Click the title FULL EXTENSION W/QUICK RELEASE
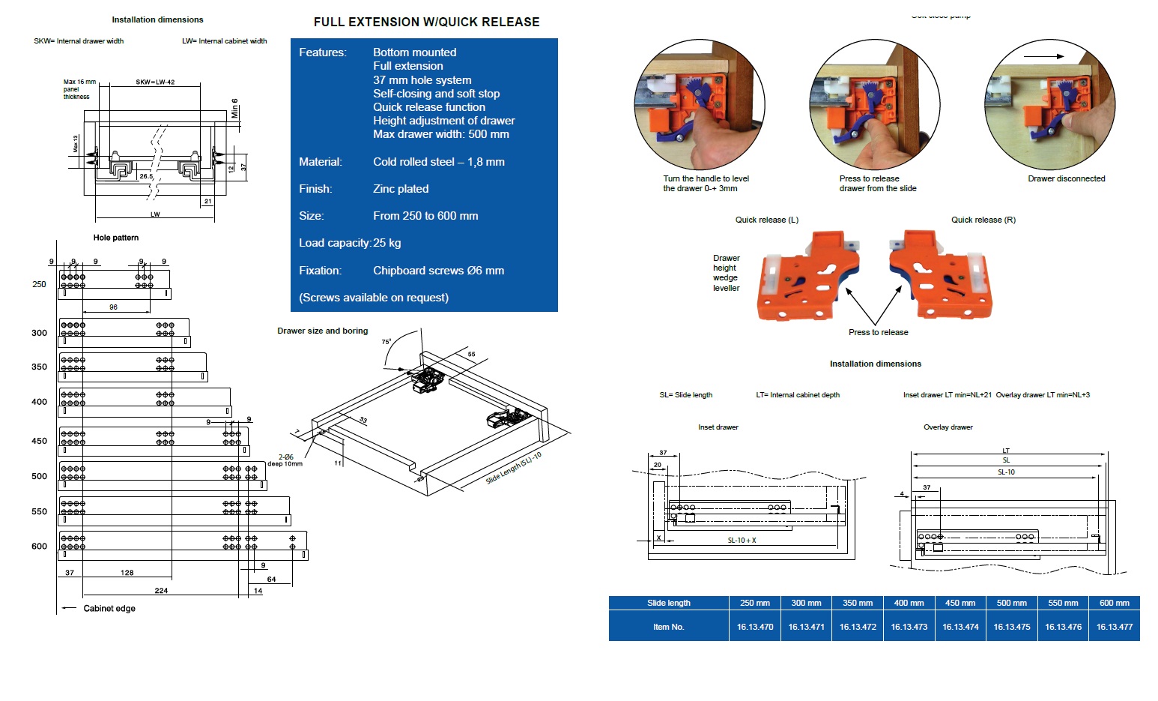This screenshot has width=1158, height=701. (426, 22)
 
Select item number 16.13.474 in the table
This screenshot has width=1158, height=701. (960, 627)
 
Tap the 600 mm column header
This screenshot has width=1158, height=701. (1114, 603)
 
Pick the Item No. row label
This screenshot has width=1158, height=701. (668, 627)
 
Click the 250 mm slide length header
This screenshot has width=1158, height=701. (755, 603)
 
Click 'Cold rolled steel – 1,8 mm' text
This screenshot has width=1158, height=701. (438, 162)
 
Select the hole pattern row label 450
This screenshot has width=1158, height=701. (39, 441)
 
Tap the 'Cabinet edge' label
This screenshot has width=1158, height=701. (109, 608)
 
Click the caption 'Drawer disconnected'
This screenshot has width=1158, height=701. (1066, 178)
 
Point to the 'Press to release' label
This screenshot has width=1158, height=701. (878, 332)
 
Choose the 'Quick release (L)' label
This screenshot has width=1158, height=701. (766, 220)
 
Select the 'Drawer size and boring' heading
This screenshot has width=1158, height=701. (322, 331)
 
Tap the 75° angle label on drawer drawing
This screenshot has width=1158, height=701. (386, 342)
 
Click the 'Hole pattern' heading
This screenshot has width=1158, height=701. (115, 238)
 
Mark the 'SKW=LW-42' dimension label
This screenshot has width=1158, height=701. (155, 82)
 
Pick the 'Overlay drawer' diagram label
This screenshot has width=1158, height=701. (948, 427)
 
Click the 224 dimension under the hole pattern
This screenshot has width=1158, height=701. (161, 591)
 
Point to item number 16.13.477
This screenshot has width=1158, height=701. (1114, 627)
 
